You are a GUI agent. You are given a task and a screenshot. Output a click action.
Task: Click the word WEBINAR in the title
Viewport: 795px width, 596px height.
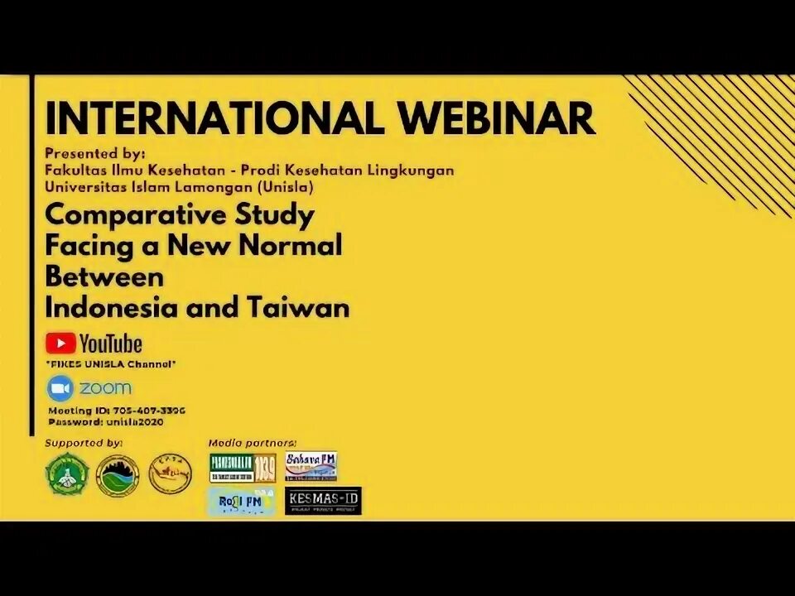click(498, 119)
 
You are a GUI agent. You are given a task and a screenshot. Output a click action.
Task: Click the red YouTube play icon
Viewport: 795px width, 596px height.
click(60, 343)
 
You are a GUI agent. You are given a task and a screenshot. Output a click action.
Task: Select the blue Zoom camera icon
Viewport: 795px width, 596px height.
click(60, 387)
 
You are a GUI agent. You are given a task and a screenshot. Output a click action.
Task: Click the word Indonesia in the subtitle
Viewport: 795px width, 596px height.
click(111, 308)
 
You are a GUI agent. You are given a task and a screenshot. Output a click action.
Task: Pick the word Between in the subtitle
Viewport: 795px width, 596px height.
click(104, 276)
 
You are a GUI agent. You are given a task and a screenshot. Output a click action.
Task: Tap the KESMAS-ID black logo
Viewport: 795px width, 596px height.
click(323, 501)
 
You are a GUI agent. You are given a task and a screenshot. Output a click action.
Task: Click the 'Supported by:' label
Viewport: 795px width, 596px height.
click(84, 443)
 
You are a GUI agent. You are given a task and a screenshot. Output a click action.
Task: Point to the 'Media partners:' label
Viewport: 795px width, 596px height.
click(252, 443)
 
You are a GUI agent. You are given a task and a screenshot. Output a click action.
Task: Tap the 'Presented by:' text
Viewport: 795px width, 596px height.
click(95, 153)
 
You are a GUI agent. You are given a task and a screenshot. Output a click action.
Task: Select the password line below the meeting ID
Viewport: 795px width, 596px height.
click(106, 421)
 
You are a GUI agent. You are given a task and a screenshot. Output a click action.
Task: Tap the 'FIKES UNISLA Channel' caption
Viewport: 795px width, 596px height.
click(111, 364)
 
